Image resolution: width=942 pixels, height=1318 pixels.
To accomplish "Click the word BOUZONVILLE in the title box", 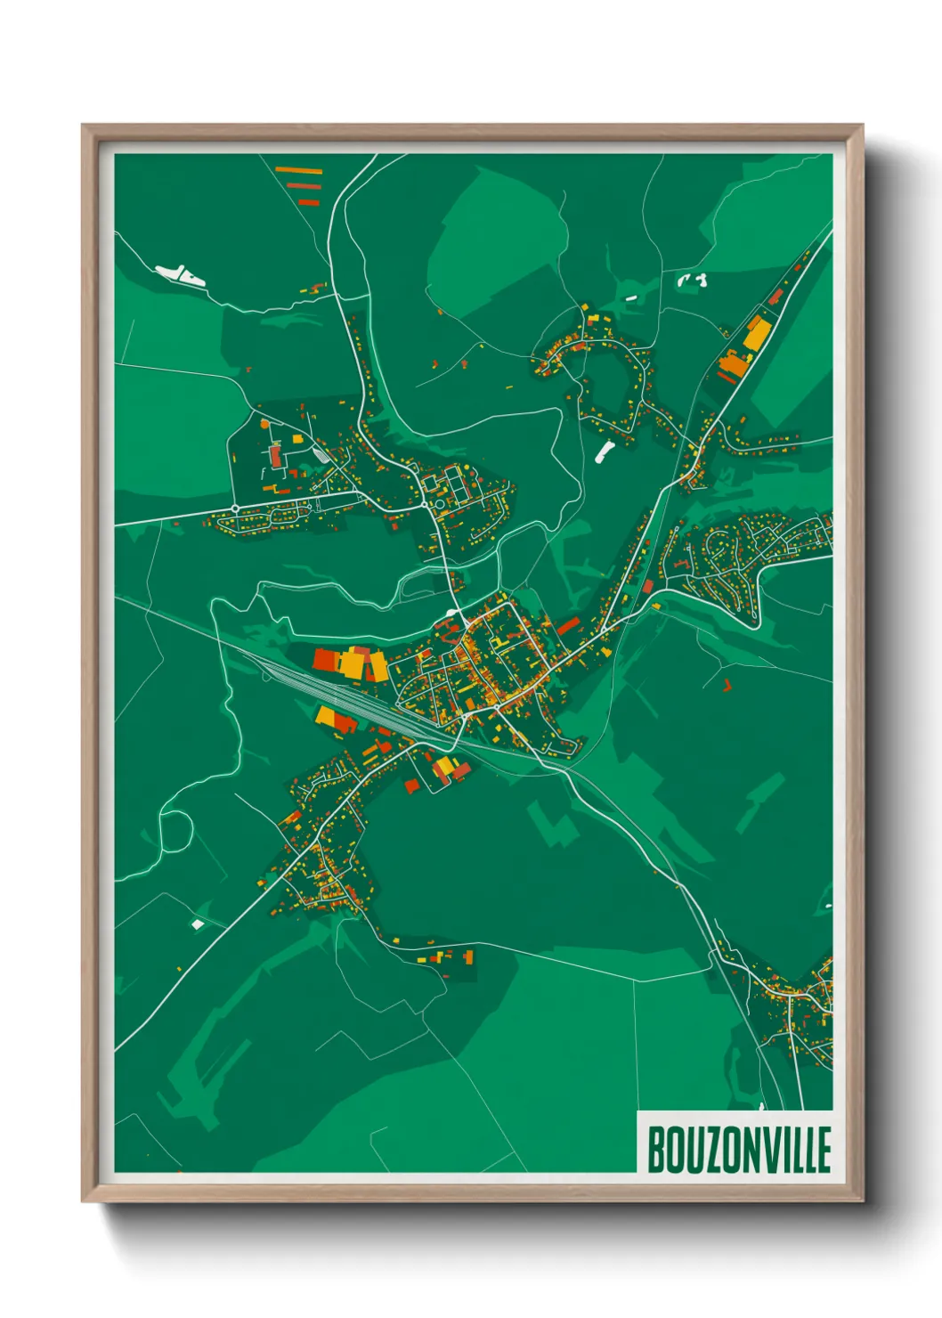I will click(738, 1150).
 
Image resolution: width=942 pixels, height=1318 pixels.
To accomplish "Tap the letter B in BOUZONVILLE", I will click(656, 1150).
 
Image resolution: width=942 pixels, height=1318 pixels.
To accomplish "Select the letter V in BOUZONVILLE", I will click(770, 1150).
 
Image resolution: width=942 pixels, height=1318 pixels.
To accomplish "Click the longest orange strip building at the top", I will click(298, 169).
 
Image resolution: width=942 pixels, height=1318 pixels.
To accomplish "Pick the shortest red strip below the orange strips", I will click(308, 203).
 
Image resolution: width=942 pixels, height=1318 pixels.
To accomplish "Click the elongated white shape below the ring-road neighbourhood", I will click(605, 451).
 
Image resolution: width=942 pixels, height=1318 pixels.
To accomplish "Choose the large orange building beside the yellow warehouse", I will click(735, 364).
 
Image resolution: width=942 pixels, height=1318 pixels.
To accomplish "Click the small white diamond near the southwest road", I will click(198, 924).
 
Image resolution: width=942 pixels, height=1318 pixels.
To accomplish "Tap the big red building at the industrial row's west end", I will click(322, 660).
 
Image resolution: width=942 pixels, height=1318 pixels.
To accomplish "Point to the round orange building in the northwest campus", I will click(264, 425).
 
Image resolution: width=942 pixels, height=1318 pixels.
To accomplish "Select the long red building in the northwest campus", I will click(275, 457).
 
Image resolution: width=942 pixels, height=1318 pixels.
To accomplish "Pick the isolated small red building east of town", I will click(727, 685).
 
